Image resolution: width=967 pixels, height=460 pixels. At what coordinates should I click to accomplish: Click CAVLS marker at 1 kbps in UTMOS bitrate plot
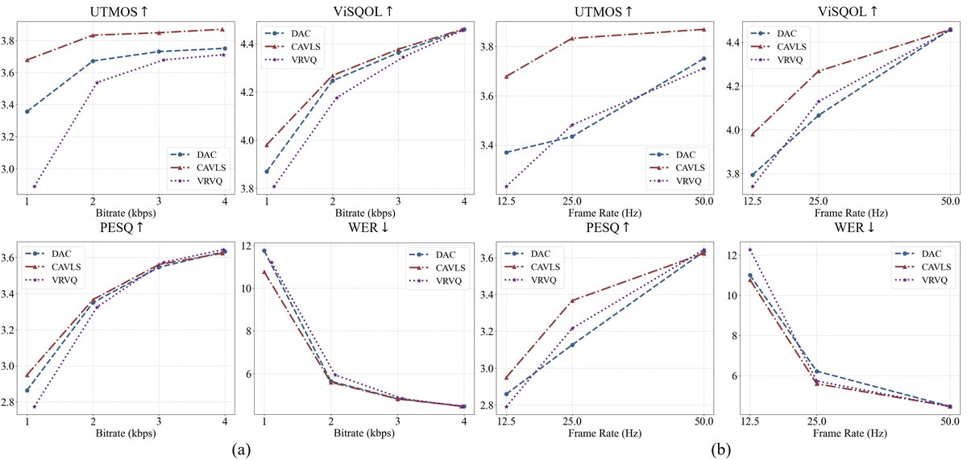click(28, 60)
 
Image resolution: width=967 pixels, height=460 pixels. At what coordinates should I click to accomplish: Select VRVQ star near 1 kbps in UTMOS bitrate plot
click(35, 186)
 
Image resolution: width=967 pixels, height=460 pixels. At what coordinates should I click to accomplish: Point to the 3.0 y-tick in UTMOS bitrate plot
click(12, 169)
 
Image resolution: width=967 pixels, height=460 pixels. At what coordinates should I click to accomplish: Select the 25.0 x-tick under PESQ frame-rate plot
click(573, 421)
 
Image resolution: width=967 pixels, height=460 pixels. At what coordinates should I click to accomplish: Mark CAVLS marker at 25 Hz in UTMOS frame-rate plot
click(572, 39)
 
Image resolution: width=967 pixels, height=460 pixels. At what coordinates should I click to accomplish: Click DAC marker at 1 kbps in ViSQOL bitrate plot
click(266, 171)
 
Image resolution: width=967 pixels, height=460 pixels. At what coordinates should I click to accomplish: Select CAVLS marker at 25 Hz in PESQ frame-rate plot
click(572, 300)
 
